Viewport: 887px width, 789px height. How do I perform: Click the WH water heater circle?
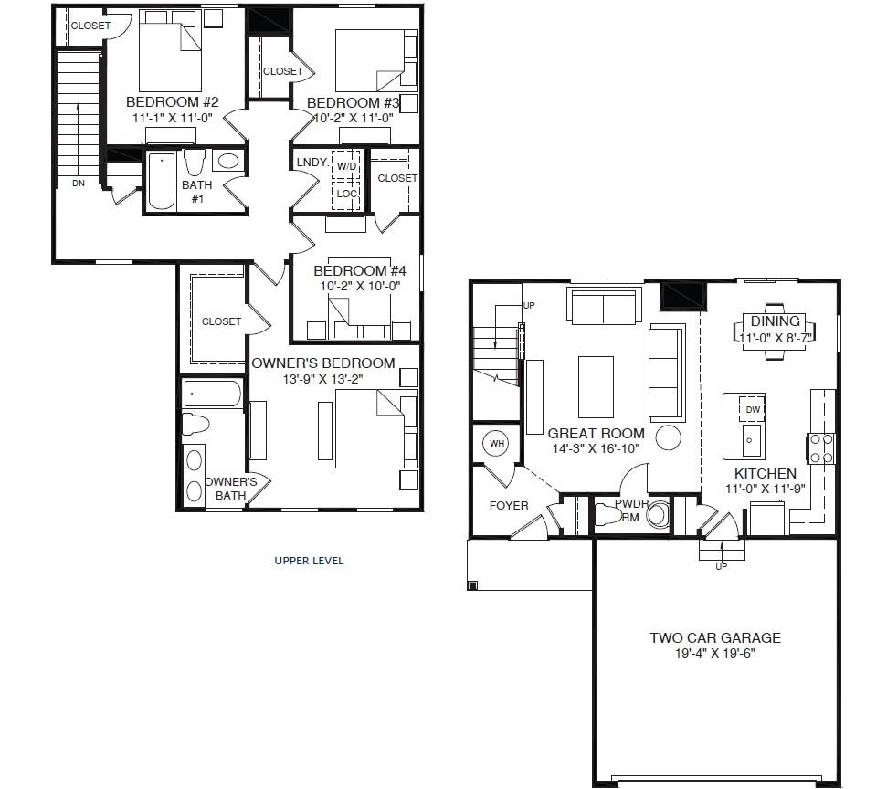tap(497, 444)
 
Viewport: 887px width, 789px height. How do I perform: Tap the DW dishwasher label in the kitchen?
tap(752, 410)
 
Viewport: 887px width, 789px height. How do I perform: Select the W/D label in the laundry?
tap(346, 166)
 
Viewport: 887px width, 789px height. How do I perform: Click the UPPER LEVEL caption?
tap(309, 561)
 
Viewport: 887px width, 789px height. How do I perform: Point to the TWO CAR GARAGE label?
tap(715, 638)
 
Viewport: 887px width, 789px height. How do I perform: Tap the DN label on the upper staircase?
tap(78, 184)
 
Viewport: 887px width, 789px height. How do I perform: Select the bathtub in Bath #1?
tap(162, 181)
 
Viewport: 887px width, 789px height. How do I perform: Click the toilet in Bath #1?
tap(195, 163)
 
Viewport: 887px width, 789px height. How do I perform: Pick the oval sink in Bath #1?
tap(227, 162)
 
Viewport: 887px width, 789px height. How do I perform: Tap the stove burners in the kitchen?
tap(819, 447)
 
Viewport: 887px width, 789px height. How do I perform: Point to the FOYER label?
tap(509, 505)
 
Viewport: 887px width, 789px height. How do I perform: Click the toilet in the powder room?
tap(607, 516)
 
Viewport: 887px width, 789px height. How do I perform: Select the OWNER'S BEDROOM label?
tap(323, 363)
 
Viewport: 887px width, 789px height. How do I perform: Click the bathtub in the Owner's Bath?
tap(212, 394)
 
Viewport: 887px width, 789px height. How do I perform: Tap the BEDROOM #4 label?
tap(351, 271)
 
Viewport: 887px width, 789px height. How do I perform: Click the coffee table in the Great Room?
tap(596, 386)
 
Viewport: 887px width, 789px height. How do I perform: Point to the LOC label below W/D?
tap(346, 194)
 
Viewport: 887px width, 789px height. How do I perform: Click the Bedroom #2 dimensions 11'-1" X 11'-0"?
tap(172, 118)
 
